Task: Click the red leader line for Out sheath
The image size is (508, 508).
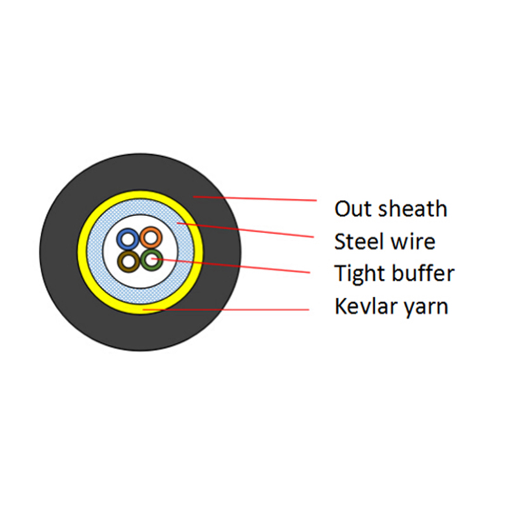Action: [255, 199]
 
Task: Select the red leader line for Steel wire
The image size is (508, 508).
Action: [245, 230]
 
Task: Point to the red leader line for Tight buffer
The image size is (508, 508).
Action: [231, 265]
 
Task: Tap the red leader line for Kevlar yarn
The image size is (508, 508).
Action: [226, 310]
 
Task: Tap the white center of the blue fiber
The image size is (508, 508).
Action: [128, 239]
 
